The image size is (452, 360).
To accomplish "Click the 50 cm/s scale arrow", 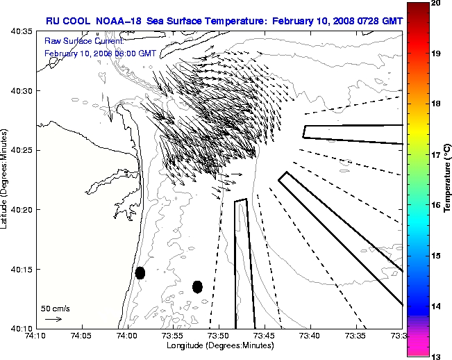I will [x=53, y=319].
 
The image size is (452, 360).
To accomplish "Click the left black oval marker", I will [x=140, y=272].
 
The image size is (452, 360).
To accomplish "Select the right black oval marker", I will [x=197, y=286].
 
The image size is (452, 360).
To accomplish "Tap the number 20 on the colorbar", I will [x=435, y=3].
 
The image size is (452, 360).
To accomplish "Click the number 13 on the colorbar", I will [x=435, y=356].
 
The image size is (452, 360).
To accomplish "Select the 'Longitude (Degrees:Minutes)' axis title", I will [x=219, y=345].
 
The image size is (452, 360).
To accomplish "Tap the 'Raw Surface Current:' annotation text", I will [x=74, y=41].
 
